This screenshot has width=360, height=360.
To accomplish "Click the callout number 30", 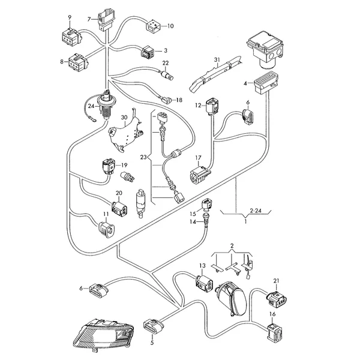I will [124, 118].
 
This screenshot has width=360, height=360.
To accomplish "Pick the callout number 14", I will [194, 222].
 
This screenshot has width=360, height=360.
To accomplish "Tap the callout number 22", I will [166, 63].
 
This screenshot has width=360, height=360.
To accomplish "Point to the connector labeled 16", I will [272, 329].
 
